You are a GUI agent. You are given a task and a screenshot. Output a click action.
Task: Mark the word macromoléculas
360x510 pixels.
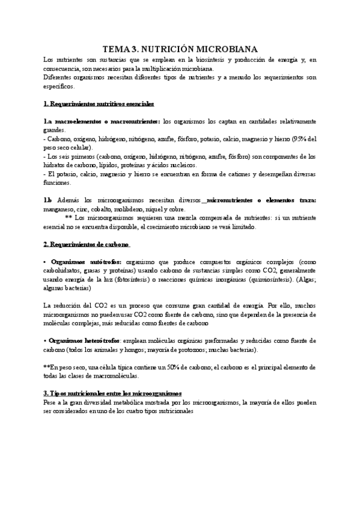tap(117, 375)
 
